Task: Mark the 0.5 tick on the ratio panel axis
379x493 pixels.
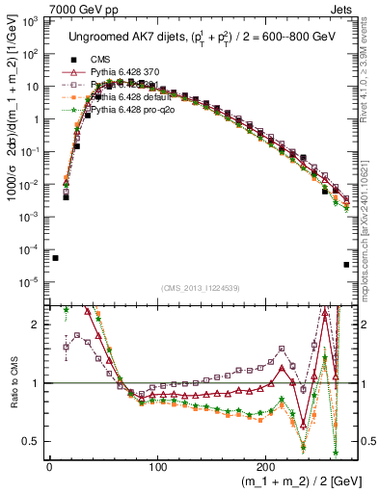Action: [32, 442]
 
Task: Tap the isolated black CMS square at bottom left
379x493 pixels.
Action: [55, 258]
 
